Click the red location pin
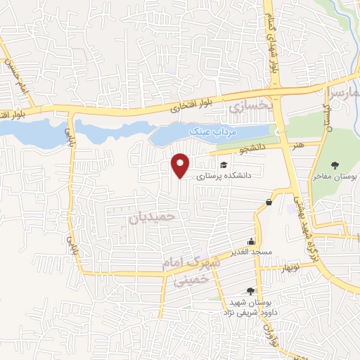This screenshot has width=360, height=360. tap(181, 165)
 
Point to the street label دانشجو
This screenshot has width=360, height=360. tap(250, 149)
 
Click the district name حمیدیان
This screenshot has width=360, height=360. tap(151, 218)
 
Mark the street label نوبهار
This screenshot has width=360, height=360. tap(290, 269)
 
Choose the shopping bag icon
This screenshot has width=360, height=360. tap(269, 202)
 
